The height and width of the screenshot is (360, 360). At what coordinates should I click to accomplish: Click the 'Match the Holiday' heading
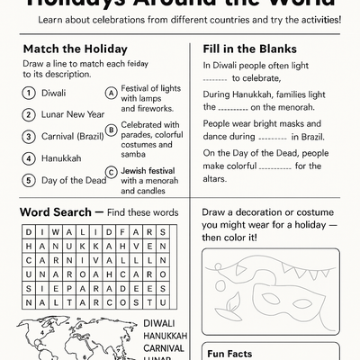coord(75,49)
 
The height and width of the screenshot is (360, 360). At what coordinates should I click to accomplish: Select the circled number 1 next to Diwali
coord(29,93)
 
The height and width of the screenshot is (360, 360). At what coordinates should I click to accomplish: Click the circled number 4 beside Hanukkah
coord(29,157)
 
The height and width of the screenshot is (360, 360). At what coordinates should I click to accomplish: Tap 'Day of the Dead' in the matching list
coord(75,179)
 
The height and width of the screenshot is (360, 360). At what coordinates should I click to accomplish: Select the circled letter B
coord(111,130)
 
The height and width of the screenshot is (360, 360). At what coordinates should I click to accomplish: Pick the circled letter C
coord(111,171)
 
